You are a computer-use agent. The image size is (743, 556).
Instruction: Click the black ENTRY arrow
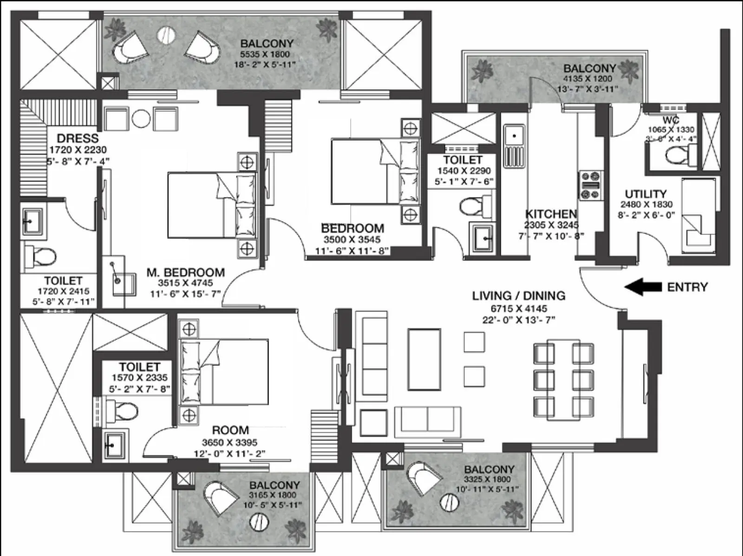pyautogui.click(x=643, y=287)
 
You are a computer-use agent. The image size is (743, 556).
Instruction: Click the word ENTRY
pyautogui.click(x=687, y=287)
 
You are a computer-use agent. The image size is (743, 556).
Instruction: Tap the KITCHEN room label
pyautogui.click(x=551, y=214)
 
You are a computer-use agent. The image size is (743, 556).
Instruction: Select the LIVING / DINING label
pyautogui.click(x=519, y=296)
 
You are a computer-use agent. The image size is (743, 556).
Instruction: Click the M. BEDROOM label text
pyautogui.click(x=185, y=272)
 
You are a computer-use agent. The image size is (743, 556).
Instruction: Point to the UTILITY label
pyautogui.click(x=645, y=194)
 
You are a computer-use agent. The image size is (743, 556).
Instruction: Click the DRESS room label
pyautogui.click(x=78, y=138)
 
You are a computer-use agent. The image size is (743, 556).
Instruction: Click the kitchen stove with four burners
pyautogui.click(x=591, y=185)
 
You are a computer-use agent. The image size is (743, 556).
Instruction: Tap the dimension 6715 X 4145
pyautogui.click(x=519, y=308)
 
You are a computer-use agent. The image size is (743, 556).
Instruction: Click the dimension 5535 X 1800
pyautogui.click(x=267, y=54)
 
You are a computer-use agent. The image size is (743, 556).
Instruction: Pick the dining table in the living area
pyautogui.click(x=563, y=379)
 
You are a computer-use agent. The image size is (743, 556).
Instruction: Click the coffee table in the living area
pyautogui.click(x=424, y=359)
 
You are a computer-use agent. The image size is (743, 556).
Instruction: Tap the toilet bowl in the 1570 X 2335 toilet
pyautogui.click(x=124, y=411)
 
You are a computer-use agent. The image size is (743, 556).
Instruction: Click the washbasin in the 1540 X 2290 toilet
pyautogui.click(x=483, y=238)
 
